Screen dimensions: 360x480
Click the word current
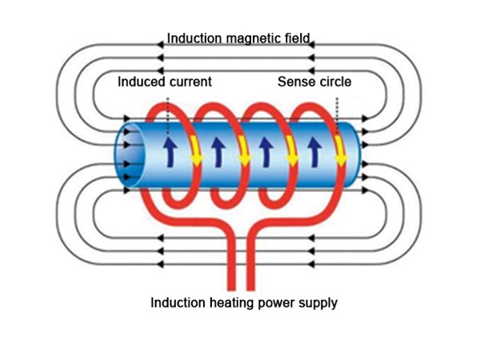[x=191, y=82]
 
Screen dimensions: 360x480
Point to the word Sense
[x=295, y=82]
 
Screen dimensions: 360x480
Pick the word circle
[x=334, y=82]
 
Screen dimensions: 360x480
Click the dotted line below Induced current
[x=168, y=112]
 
